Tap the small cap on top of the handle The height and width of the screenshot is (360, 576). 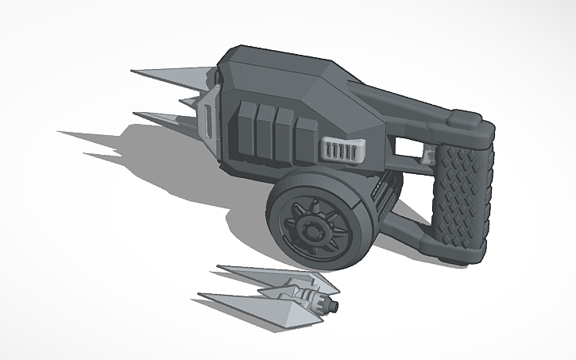point(467,120)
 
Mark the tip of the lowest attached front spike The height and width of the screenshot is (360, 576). point(135,114)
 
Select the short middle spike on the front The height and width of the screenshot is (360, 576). point(188,101)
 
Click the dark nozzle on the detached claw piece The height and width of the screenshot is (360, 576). point(327,304)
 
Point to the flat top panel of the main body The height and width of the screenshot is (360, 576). point(274,68)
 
